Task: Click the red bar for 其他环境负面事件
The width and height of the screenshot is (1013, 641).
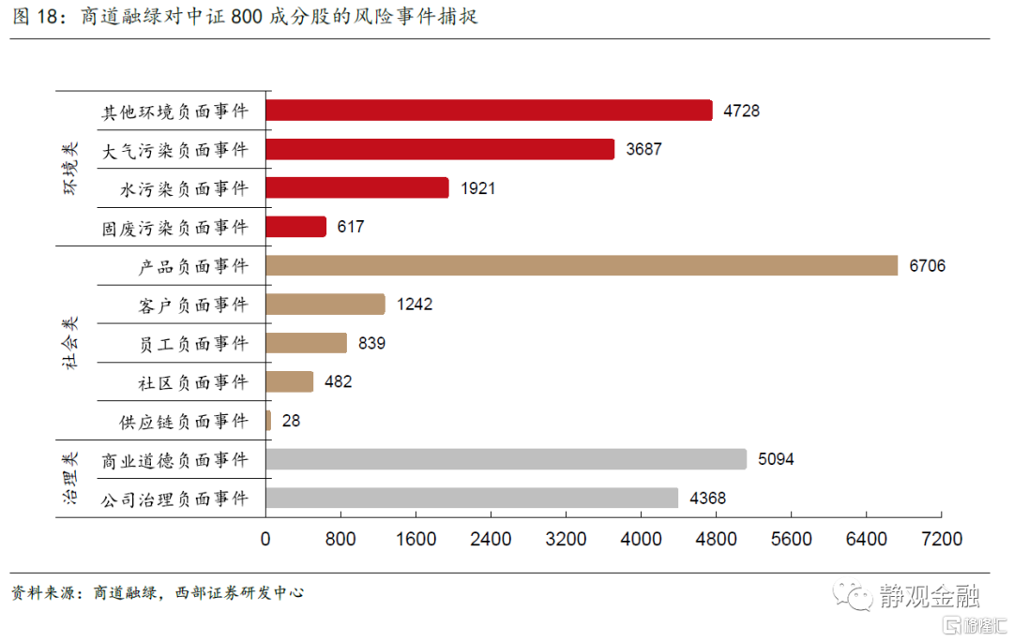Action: pos(489,111)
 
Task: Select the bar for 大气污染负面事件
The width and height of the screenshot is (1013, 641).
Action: pos(440,149)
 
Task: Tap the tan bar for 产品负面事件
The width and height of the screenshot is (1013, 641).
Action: pos(582,265)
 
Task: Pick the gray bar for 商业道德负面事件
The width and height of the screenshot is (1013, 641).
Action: pos(506,459)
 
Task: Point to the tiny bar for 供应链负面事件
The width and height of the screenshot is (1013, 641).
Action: pos(268,421)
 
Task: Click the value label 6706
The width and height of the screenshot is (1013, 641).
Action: pos(927,266)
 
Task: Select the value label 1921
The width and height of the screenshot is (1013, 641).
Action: pos(477,188)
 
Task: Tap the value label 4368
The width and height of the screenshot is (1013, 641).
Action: pos(707,499)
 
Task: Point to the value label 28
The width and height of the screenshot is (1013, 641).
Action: pos(291,421)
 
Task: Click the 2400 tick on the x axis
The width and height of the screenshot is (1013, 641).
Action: pos(491,540)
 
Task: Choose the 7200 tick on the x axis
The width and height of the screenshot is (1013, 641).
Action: pos(942,540)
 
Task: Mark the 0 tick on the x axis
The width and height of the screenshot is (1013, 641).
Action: pos(265,540)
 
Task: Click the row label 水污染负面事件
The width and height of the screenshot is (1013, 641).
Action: pos(185,188)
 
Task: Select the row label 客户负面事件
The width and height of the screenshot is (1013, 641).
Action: pos(192,305)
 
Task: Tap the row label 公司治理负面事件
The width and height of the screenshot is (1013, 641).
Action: pos(175,499)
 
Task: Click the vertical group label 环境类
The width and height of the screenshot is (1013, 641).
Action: pos(72,169)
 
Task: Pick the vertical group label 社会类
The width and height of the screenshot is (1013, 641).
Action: pos(72,343)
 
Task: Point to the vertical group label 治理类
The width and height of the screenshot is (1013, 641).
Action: pos(72,479)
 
